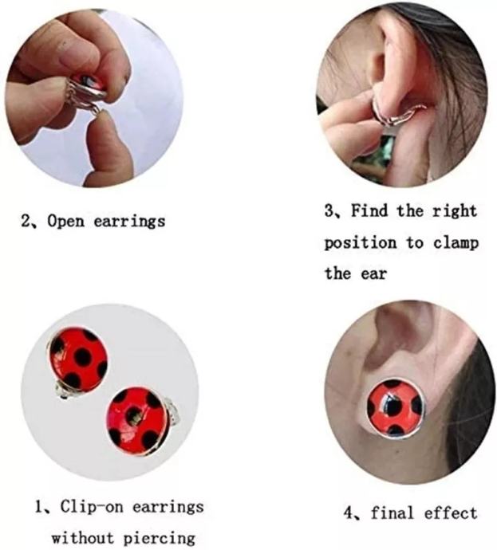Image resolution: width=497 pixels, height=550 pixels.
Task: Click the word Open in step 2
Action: pos(66,222)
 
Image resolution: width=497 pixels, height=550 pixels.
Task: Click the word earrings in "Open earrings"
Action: pos(129,222)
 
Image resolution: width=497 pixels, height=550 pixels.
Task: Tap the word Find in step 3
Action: pos(370,210)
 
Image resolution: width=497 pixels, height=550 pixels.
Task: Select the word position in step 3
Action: pos(361,243)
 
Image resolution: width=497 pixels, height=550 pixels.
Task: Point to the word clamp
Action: pos(456,243)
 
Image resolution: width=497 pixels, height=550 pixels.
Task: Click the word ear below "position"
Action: pos(374,274)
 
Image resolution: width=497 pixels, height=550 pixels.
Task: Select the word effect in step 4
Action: pos(451,513)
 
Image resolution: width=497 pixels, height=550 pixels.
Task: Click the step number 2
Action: pos(26,222)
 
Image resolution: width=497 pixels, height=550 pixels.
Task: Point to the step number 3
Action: pos(330,211)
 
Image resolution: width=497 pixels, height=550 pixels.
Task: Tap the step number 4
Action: pos(349,513)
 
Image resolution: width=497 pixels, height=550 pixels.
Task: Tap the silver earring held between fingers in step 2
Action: pos(91,93)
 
